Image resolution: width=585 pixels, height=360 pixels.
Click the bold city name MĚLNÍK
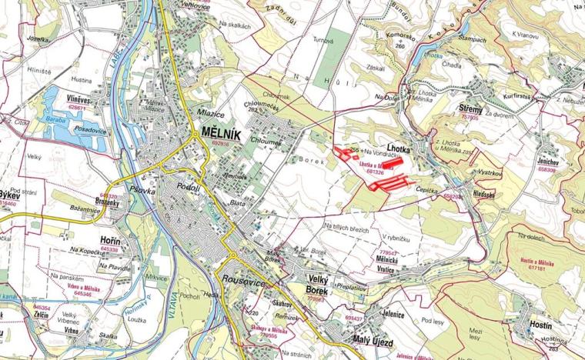[219, 132]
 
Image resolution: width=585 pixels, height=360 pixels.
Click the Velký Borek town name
[306, 285]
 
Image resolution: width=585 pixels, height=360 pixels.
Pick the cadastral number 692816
[220, 143]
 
